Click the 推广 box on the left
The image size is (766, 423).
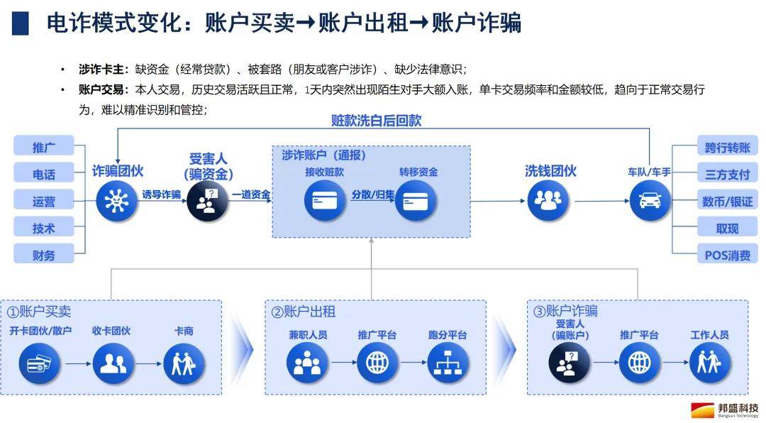44,145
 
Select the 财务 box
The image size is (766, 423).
44,254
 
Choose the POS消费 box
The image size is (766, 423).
727,254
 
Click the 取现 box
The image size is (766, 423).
727,227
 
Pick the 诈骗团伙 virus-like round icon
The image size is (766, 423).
116,200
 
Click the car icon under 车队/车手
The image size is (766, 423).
650,200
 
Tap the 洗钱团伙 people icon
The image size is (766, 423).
548,200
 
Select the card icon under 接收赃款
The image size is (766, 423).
325,200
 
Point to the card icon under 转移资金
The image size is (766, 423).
415,200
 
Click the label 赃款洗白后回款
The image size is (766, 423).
376,120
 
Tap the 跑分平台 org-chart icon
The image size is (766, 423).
448,363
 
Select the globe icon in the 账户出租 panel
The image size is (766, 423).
377,363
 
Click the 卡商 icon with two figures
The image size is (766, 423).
184,363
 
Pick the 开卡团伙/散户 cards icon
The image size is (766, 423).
40,363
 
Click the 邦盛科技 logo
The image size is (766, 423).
725,410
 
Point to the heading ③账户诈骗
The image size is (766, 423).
565,311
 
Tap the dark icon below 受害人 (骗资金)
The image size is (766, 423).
207,200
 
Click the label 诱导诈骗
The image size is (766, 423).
161,194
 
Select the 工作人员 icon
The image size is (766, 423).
709,363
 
